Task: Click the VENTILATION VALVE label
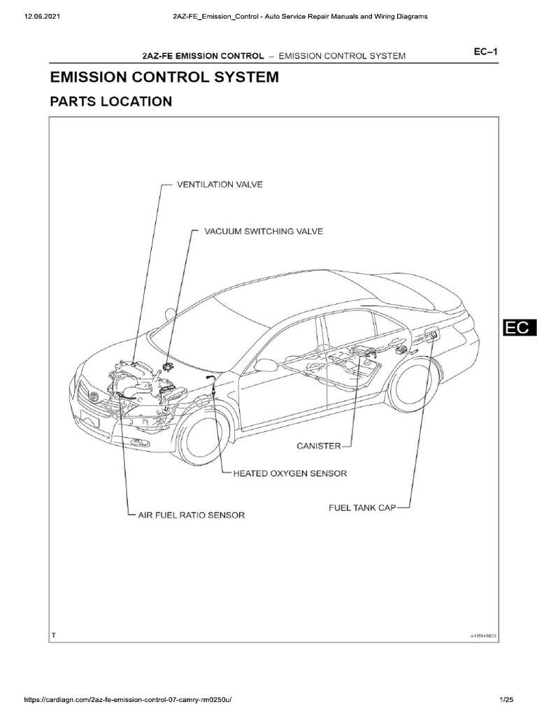coord(217,185)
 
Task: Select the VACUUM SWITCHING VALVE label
coord(263,231)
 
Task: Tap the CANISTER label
coord(317,445)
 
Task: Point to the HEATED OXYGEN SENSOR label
coord(290,473)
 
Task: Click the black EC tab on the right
coord(518,328)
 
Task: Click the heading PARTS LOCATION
coord(110,101)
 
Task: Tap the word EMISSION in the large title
coord(86,77)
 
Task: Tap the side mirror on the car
coord(265,365)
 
